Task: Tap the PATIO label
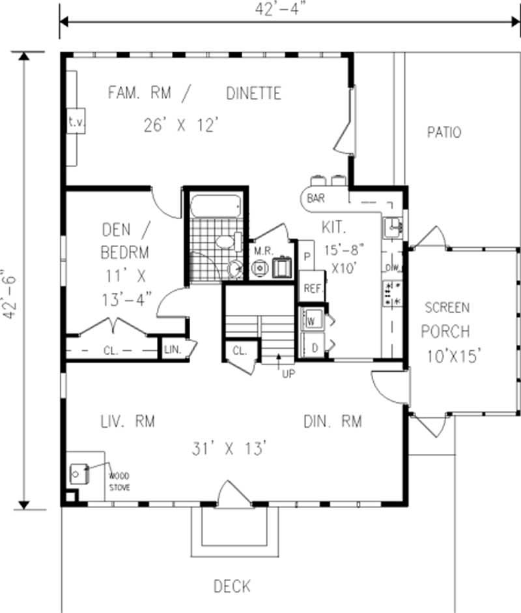pyautogui.click(x=444, y=132)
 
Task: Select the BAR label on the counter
pyautogui.click(x=317, y=199)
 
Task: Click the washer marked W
pyautogui.click(x=311, y=320)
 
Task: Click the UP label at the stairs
pyautogui.click(x=287, y=374)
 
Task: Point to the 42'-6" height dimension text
pyautogui.click(x=9, y=295)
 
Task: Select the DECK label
pyautogui.click(x=232, y=586)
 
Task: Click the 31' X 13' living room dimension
pyautogui.click(x=229, y=449)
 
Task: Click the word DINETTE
pyautogui.click(x=253, y=93)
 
